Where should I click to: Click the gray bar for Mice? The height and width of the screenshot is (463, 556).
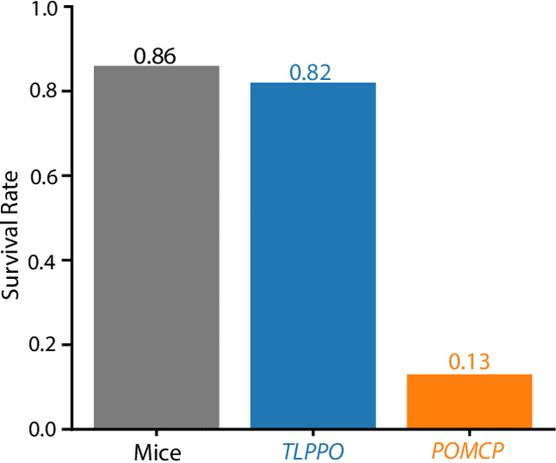click(156, 248)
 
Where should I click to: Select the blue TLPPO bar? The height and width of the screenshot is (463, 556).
click(313, 256)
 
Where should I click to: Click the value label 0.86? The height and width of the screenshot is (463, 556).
click(156, 56)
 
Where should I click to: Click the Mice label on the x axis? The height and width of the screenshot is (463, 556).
click(156, 452)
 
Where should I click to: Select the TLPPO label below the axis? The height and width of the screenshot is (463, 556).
click(313, 452)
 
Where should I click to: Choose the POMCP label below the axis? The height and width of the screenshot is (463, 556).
click(469, 452)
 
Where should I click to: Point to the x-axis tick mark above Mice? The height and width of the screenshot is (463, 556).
click(156, 433)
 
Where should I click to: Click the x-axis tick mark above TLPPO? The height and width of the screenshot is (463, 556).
click(313, 433)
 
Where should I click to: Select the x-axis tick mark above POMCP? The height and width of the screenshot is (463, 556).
click(469, 433)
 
